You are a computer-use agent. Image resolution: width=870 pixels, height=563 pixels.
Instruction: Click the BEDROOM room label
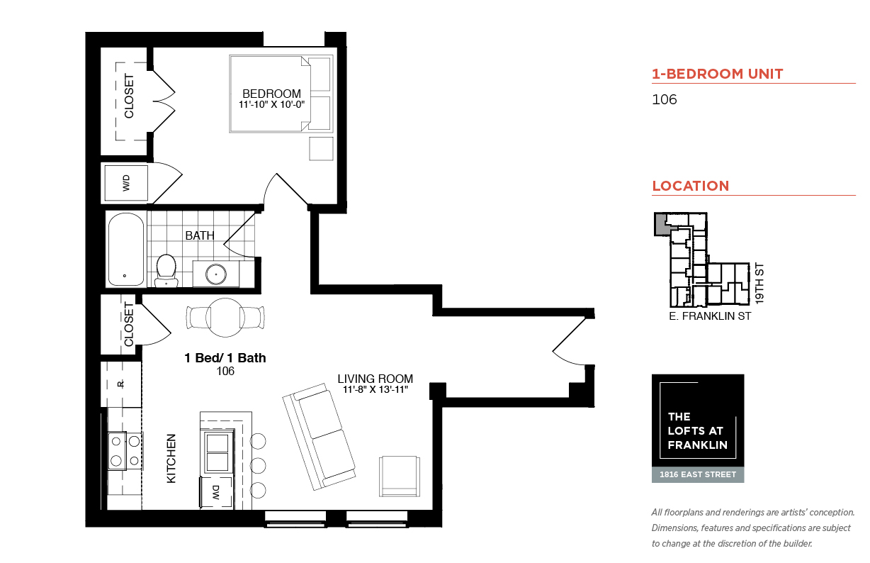pos(271,94)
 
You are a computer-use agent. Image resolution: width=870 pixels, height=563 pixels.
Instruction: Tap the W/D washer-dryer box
pos(126,183)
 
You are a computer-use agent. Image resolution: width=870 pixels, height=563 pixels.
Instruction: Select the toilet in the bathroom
pos(166,270)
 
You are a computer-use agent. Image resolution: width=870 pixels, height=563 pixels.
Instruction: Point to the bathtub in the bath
pos(126,249)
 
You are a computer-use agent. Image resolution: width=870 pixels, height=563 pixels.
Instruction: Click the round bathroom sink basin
pos(215,274)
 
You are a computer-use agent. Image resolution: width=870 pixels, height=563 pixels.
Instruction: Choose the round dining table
pos(225,317)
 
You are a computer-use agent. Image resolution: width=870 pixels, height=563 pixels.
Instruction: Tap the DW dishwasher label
pos(216,492)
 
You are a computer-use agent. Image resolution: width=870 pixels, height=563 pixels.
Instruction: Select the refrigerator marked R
pos(120,384)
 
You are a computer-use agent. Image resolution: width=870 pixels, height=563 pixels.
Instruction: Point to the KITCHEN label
pos(171,459)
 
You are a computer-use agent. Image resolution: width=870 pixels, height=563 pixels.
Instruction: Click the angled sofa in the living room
pos(319,436)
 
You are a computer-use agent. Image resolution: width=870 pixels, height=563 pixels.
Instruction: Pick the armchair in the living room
pos(400,476)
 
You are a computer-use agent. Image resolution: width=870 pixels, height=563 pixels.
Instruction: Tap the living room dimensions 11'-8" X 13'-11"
pos(375,389)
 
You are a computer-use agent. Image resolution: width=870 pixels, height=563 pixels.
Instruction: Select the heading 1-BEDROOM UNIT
pos(718,74)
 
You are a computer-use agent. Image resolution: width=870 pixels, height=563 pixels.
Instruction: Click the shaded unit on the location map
pos(661,225)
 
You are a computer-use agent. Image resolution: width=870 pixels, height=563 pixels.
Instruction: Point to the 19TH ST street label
pos(759,284)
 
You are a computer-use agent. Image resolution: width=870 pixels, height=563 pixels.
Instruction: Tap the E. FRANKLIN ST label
pos(710,316)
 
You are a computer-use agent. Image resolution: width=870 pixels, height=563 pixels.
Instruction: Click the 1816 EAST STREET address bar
pos(698,474)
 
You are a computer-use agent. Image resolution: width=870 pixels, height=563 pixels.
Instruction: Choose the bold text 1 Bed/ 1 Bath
pos(225,357)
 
